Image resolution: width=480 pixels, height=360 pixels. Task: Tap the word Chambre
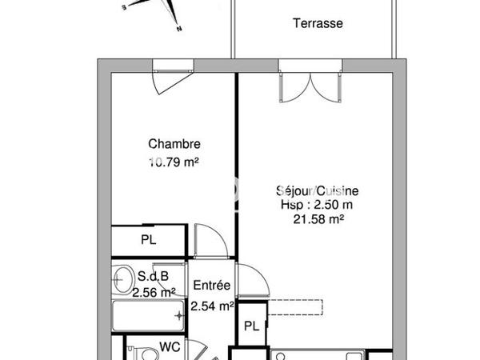click(174, 145)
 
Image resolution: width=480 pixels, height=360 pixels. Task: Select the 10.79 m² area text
click(174, 162)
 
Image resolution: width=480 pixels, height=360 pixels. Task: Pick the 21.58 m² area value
click(319, 218)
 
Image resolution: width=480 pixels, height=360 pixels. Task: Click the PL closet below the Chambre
click(148, 238)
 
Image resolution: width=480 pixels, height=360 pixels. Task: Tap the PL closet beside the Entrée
click(251, 326)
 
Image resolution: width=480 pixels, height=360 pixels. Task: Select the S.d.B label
click(152, 277)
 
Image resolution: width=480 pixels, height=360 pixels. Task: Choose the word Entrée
click(212, 286)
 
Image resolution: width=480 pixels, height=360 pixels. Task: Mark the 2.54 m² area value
click(212, 305)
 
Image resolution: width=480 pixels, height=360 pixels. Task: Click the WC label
click(168, 346)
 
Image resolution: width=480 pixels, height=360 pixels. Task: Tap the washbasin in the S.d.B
click(123, 279)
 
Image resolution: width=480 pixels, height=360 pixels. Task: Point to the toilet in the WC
click(142, 350)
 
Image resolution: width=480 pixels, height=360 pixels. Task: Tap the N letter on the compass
click(180, 30)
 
